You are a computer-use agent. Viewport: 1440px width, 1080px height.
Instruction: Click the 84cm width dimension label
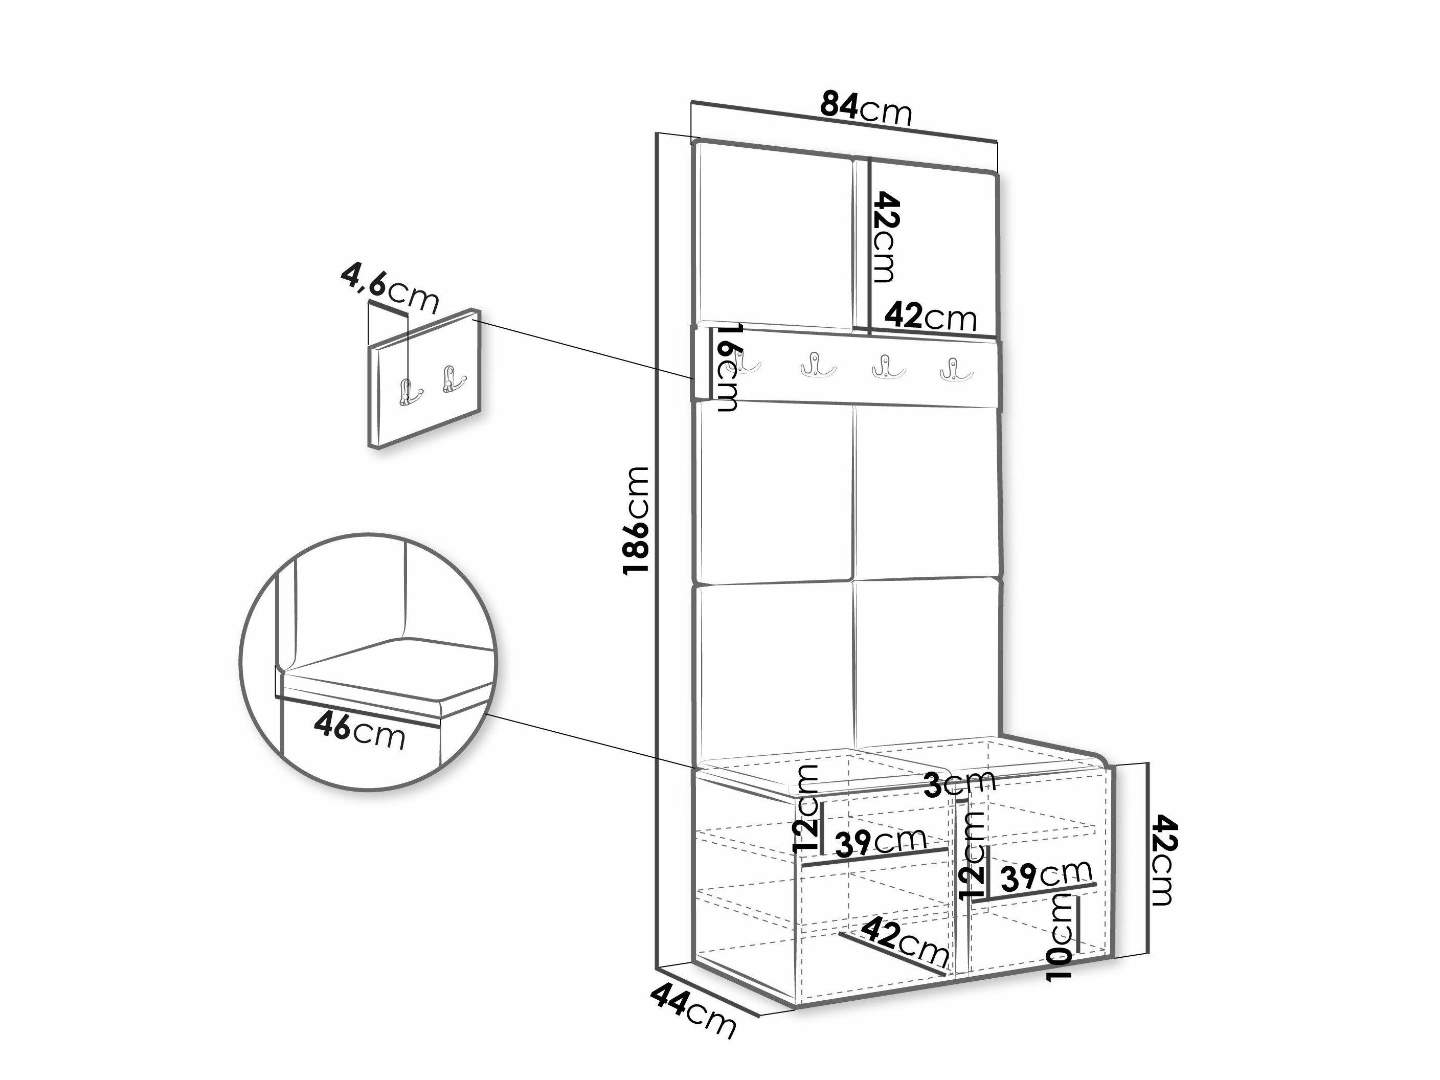coord(866,108)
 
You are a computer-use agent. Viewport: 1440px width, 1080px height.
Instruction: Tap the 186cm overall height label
coord(636,520)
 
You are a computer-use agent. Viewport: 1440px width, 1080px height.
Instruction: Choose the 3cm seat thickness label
coord(960,782)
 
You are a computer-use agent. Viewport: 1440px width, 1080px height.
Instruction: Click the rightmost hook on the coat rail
coord(956,369)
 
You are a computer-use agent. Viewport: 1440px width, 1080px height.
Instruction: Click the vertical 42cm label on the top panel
coord(885,236)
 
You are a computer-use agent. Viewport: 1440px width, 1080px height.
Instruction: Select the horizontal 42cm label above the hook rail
coord(931,317)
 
